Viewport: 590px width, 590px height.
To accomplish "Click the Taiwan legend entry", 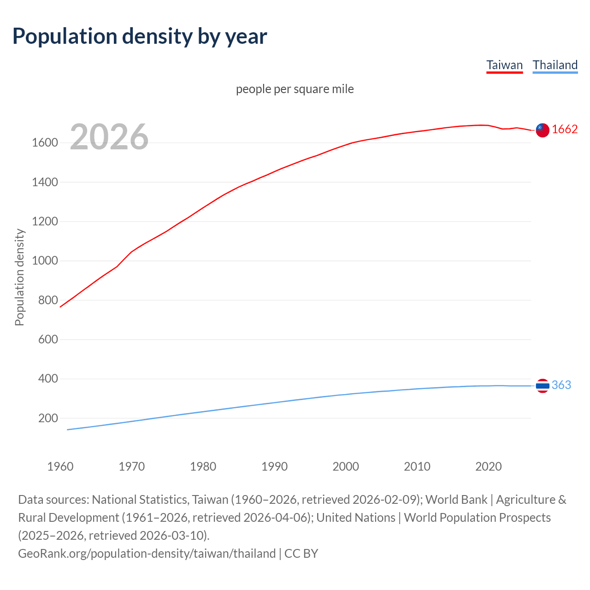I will click(505, 65).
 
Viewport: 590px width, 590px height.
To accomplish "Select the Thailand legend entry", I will click(555, 65).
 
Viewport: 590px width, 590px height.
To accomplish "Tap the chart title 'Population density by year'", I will click(140, 36).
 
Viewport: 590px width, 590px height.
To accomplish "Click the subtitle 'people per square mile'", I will click(295, 89).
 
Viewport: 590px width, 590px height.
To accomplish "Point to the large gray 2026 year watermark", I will click(109, 137).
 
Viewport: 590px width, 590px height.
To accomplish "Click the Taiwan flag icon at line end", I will click(543, 130).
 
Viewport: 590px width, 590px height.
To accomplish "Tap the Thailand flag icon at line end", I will click(543, 385).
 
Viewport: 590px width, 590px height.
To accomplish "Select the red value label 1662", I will click(565, 130).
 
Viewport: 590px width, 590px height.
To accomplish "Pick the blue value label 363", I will click(561, 385).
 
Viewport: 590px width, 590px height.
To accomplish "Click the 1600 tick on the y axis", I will click(45, 143).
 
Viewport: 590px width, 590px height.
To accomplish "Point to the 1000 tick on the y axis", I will click(45, 261).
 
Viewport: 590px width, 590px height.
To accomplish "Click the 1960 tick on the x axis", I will click(60, 466).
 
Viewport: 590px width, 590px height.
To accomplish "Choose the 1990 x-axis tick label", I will click(274, 466).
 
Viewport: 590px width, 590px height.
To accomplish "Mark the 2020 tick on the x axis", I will click(488, 466).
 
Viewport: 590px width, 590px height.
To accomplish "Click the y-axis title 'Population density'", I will click(19, 277).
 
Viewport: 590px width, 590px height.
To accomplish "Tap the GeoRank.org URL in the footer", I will click(147, 553).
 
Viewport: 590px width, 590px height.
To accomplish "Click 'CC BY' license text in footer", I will click(301, 553).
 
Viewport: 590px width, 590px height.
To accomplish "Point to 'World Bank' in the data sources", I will click(456, 500).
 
